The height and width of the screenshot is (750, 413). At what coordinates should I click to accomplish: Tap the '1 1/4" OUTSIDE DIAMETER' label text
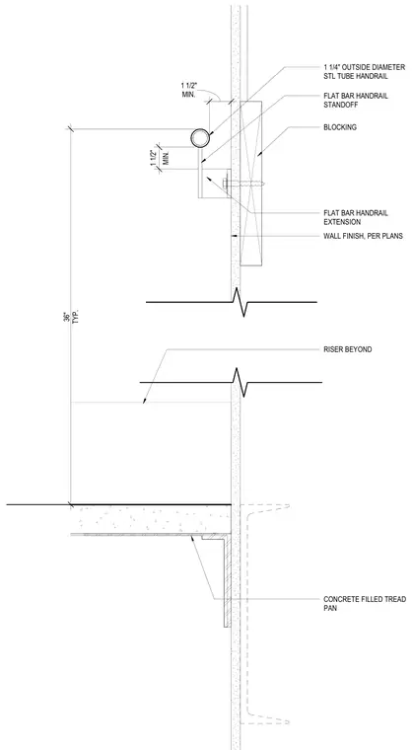365,67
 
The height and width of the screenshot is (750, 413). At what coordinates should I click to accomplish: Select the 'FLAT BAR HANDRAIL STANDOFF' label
356,100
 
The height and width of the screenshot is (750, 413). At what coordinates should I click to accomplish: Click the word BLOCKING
340,127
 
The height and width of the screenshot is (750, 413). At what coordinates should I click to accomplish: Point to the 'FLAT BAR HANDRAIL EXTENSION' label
356,217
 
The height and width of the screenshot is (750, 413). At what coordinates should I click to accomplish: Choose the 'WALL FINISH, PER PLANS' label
363,236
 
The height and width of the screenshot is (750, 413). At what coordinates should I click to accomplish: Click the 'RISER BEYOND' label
348,349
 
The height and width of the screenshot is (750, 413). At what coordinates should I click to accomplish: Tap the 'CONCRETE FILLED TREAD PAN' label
365,603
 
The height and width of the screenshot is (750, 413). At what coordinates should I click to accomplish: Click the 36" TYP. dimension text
70,318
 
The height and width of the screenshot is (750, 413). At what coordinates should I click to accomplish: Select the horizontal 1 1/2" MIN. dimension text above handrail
189,90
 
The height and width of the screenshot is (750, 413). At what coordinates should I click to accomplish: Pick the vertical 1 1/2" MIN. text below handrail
157,158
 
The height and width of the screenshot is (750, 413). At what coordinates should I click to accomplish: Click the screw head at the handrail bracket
225,183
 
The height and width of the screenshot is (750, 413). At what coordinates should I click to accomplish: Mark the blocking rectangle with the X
251,184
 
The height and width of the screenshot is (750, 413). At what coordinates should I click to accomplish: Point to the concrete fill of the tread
151,519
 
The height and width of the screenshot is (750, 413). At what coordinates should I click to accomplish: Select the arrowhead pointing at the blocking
259,153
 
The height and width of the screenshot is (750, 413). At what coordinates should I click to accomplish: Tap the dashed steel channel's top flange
266,506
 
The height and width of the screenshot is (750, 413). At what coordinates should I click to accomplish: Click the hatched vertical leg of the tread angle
229,582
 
